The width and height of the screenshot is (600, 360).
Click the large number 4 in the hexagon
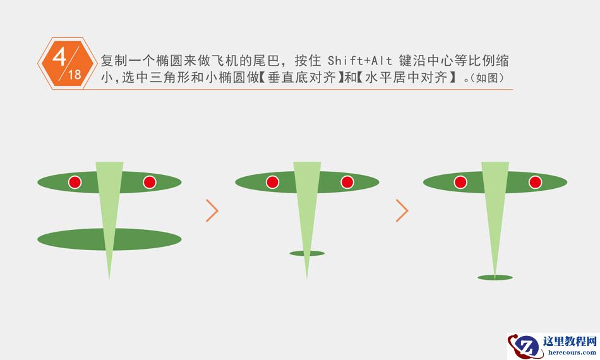(59, 56)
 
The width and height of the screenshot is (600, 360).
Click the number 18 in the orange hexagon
(75, 75)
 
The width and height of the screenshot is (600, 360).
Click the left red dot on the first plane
(75, 183)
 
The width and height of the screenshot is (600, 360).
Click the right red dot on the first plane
(149, 183)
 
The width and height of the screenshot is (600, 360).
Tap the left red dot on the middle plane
(272, 183)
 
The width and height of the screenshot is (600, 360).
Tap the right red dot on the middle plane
(347, 183)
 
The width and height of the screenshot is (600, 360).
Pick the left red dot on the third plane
(460, 183)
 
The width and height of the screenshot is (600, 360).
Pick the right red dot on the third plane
(535, 183)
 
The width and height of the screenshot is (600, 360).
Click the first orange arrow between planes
(212, 211)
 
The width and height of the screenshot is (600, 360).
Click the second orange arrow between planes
(402, 211)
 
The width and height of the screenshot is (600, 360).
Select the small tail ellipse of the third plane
(495, 277)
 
